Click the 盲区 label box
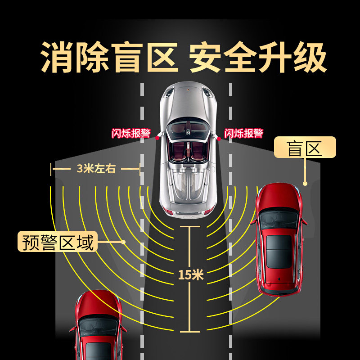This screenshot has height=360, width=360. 305,148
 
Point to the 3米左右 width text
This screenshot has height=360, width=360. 96,169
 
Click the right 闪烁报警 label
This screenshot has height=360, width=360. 243,134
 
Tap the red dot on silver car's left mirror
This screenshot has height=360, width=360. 157,138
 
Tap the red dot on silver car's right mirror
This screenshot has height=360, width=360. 219,139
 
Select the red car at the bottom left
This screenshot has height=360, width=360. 97,326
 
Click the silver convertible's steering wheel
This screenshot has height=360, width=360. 186,132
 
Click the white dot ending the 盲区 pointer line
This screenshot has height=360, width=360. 305,184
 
